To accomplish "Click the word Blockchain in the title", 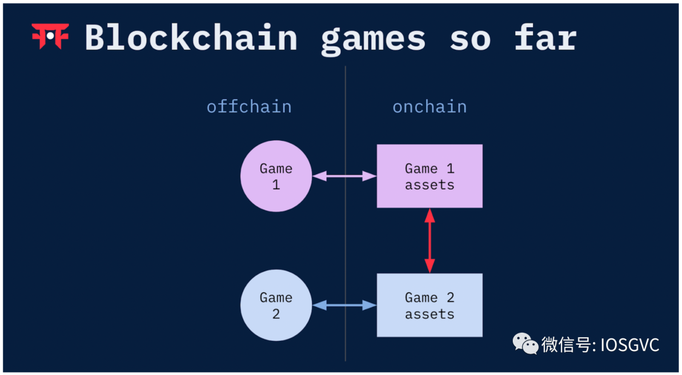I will pos(191,38).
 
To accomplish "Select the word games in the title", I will pos(373,39).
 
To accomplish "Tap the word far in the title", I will pos(545,38).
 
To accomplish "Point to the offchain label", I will pos(249,106).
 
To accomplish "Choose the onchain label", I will pos(429,106).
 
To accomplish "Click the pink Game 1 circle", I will pos(276,176).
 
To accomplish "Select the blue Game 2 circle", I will pos(276,305).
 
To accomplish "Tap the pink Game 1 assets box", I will pos(429,176).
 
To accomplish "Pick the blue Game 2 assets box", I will pos(429,305).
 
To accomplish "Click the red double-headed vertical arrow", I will pos(429,241).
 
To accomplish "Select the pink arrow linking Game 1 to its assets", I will pos(344,176).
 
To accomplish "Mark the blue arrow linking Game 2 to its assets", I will pos(344,306).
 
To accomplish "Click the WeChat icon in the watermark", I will pos(525,343).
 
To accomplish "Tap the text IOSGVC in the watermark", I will pos(629,345).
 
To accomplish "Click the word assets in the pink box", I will pos(429,185).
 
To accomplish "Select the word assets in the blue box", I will pos(429,314).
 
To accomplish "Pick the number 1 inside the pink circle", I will pos(276,185).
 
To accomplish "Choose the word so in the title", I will pos(470,39).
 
